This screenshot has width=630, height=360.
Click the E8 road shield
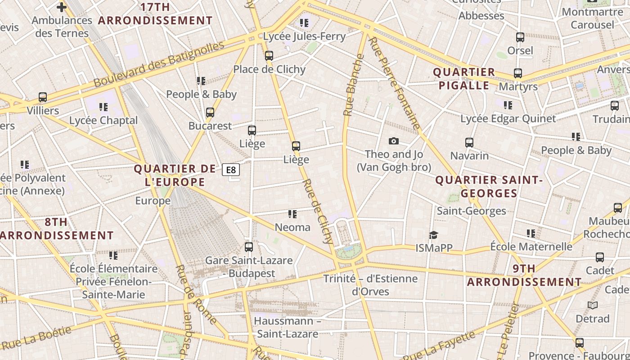point(230,170)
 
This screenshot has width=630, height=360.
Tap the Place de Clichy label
point(269,69)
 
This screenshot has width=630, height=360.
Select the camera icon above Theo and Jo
point(394,141)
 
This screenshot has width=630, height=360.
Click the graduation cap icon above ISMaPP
point(433,235)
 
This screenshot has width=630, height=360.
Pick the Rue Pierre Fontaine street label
point(394,84)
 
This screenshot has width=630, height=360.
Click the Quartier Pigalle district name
point(463,79)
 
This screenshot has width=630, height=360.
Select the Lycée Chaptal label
point(103,121)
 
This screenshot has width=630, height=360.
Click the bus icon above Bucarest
point(210,112)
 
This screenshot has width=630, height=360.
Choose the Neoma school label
point(292,227)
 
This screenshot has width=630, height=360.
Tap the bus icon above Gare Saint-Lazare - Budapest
point(249,247)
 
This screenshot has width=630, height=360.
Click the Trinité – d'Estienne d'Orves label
point(370,285)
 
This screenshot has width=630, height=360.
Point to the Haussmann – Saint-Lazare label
point(288,328)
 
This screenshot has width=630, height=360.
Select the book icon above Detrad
point(593,306)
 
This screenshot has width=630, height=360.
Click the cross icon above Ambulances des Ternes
point(62,7)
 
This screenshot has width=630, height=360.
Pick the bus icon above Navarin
point(469,143)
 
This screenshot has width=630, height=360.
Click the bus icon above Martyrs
point(518,73)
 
